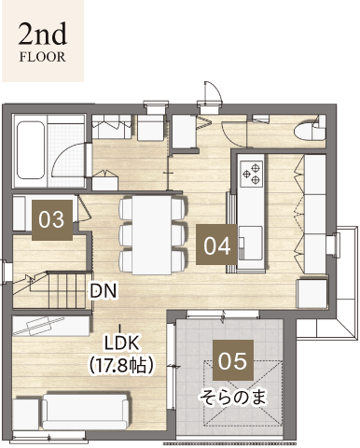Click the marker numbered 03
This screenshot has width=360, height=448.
[x=52, y=219]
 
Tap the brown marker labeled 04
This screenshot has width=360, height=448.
[x=216, y=245]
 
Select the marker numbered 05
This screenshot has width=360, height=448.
[x=233, y=360]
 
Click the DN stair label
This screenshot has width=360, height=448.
[x=103, y=291]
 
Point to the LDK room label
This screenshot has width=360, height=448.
[x=121, y=343]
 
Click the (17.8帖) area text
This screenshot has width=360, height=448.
[x=121, y=365]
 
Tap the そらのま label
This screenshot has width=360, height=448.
[x=233, y=398]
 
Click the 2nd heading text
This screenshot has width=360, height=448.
[x=43, y=34]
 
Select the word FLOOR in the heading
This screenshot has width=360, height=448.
[x=43, y=57]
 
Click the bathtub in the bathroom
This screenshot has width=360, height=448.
[x=30, y=150]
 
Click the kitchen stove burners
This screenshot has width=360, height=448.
[x=252, y=173]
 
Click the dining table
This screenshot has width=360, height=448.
[x=152, y=235]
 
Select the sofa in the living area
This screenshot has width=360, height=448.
[x=85, y=412]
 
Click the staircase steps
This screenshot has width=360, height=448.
[x=67, y=290]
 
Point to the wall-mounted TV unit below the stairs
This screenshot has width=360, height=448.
[x=50, y=327]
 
